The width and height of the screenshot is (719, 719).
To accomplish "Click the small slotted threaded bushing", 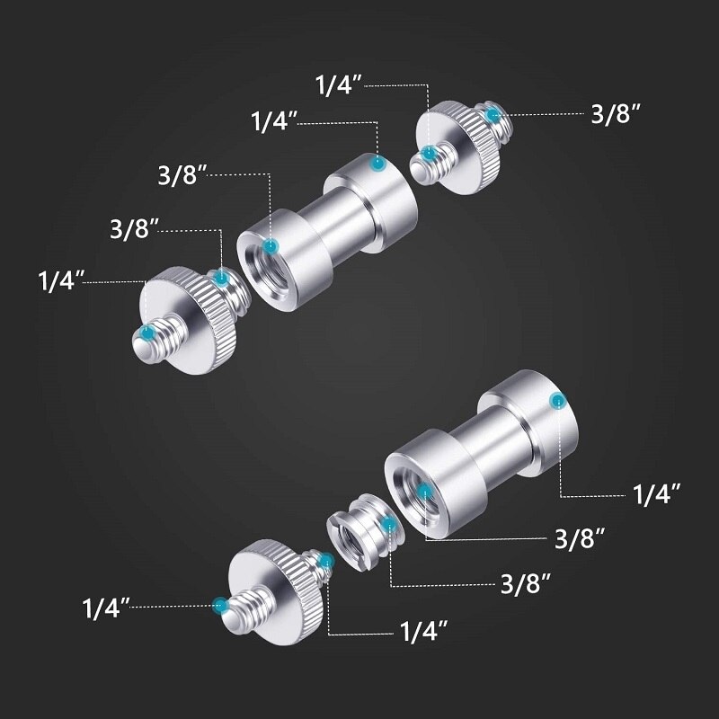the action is tap(362, 532).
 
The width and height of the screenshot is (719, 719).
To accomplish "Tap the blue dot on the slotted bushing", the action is tap(388, 524).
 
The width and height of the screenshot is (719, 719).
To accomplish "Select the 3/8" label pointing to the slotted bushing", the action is tap(526, 583).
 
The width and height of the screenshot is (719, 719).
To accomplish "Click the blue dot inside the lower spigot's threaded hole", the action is tap(424, 492).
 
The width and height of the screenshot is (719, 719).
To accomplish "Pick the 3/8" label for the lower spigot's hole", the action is tap(580, 538).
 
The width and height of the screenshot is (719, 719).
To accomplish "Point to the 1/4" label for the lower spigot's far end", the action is tap(657, 494).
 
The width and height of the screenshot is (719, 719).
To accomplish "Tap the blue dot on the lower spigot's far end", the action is tap(558, 401).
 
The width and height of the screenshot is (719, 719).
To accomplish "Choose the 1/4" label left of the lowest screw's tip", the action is tap(106, 608).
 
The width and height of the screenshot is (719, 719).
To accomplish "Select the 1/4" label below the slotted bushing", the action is tap(423, 632).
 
